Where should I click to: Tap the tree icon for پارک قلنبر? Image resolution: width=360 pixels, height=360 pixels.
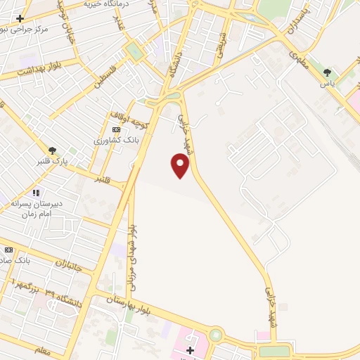[52, 150]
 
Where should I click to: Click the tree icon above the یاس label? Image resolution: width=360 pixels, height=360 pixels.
[326, 72]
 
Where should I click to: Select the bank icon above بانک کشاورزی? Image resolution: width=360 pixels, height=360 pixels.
[116, 129]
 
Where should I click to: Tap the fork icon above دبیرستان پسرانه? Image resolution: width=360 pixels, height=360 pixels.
[37, 192]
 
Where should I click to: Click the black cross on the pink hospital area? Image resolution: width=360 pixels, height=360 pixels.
[190, 349]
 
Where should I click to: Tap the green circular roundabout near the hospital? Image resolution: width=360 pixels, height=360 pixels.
[215, 336]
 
